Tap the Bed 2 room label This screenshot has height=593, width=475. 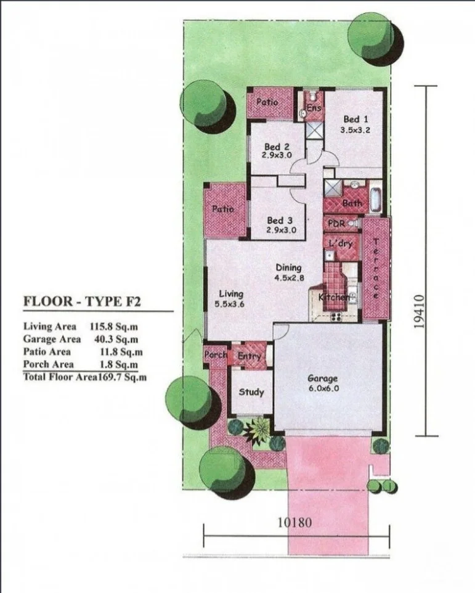(277, 147)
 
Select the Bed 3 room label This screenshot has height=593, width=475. (279, 220)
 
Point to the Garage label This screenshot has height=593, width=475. (322, 379)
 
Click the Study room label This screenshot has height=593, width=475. (251, 392)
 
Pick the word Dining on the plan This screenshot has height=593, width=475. (288, 268)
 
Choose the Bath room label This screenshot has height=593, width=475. (352, 203)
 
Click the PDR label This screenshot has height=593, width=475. (336, 223)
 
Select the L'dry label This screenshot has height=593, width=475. (340, 243)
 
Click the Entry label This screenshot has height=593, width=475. (250, 356)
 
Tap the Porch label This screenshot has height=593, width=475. (215, 355)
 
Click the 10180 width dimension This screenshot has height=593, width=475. (294, 523)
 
